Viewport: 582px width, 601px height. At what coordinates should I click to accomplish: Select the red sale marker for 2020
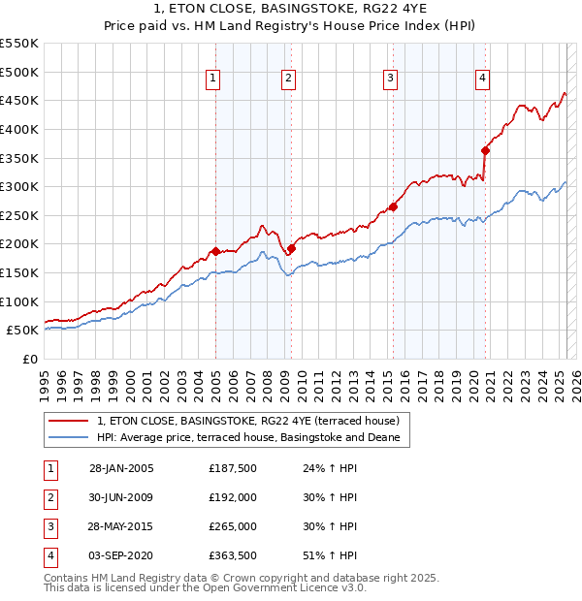click(485, 150)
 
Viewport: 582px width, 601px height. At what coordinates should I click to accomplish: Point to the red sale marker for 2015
click(394, 206)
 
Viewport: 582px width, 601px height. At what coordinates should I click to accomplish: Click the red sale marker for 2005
click(215, 251)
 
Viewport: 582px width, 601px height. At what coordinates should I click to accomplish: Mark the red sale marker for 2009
click(290, 248)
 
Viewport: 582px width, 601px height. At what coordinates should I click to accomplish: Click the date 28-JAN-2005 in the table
click(121, 469)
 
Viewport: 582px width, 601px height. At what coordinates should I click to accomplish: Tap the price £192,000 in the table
click(233, 497)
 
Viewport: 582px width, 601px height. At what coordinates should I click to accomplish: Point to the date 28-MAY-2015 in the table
click(121, 526)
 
